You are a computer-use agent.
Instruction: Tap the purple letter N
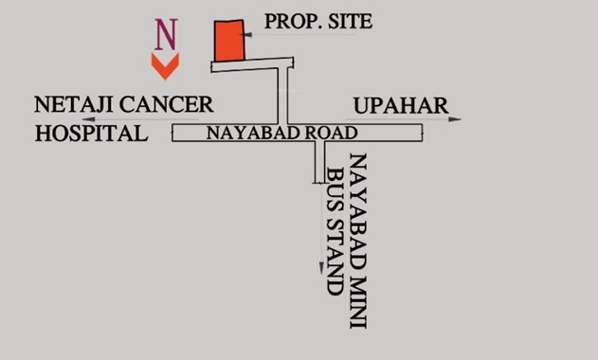(166, 34)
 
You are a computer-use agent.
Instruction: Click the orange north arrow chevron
(166, 65)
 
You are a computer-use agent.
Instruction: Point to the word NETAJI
(71, 104)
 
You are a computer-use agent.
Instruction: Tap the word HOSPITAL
(91, 134)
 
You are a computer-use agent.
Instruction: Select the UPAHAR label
(401, 104)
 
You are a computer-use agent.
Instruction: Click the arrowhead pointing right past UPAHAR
(457, 119)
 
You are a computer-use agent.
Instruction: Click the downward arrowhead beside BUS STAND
(319, 269)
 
